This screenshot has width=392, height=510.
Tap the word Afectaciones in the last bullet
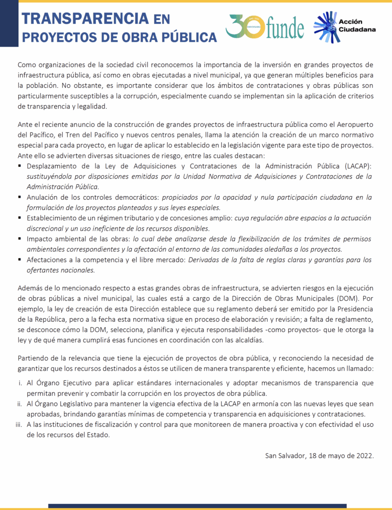pyautogui.click(x=48, y=260)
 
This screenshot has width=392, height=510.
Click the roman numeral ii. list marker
pyautogui.click(x=20, y=404)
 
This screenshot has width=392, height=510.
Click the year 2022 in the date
pyautogui.click(x=363, y=455)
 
